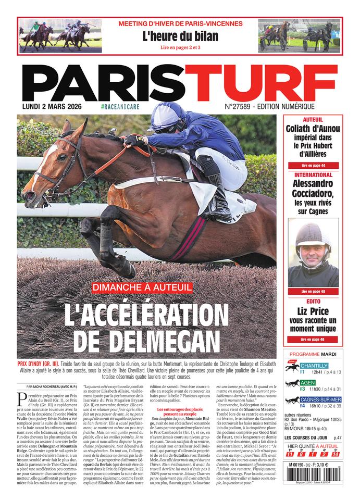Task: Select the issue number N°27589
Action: coord(238,106)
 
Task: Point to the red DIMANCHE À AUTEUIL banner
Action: coord(143,287)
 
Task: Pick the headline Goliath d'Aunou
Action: coord(313,129)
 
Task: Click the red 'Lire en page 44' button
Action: coord(313,165)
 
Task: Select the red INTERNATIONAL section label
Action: coord(313,174)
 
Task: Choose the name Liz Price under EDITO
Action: coord(313,311)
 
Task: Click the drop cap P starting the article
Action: coord(22,399)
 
